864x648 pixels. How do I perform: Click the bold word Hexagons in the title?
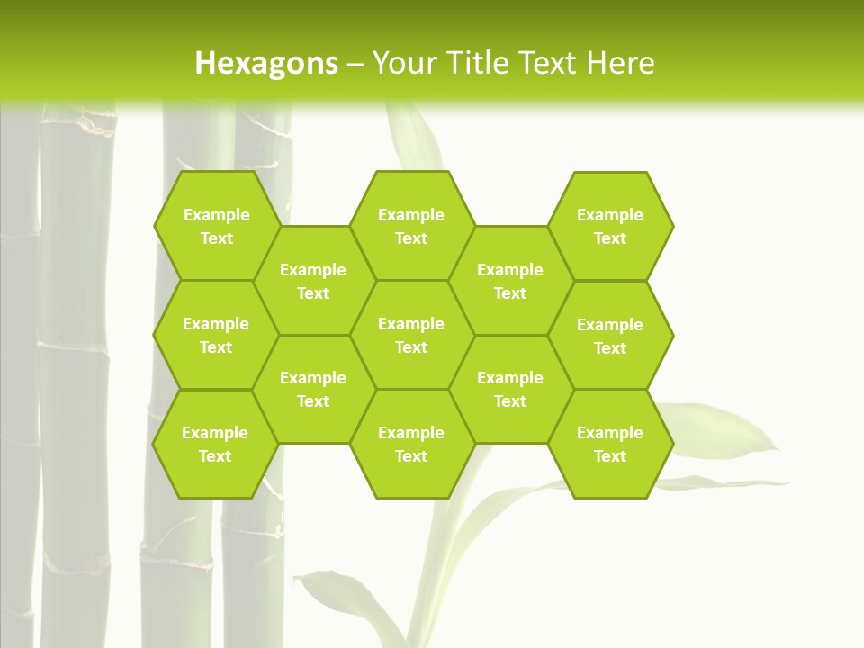point(266,63)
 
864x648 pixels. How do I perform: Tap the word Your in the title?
point(404,63)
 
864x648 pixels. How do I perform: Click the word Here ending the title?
point(621,63)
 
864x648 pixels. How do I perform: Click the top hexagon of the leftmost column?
point(216,226)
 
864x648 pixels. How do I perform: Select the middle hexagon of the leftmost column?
point(216,335)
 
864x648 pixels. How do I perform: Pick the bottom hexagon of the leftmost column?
point(215,444)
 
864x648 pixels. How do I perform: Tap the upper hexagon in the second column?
point(313,281)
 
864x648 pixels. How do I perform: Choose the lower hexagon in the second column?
point(313,389)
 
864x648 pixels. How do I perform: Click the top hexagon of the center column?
point(411,226)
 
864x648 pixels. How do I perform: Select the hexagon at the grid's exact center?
point(411,335)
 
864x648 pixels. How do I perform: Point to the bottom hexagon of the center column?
point(411,444)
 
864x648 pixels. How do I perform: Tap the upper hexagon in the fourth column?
point(510,281)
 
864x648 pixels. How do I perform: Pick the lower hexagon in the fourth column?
point(510,389)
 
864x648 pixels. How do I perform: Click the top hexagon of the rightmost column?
point(610,226)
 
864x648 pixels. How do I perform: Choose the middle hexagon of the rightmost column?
point(610,336)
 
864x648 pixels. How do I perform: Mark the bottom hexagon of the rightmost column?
point(610,444)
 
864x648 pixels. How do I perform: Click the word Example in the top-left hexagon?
point(216,215)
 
